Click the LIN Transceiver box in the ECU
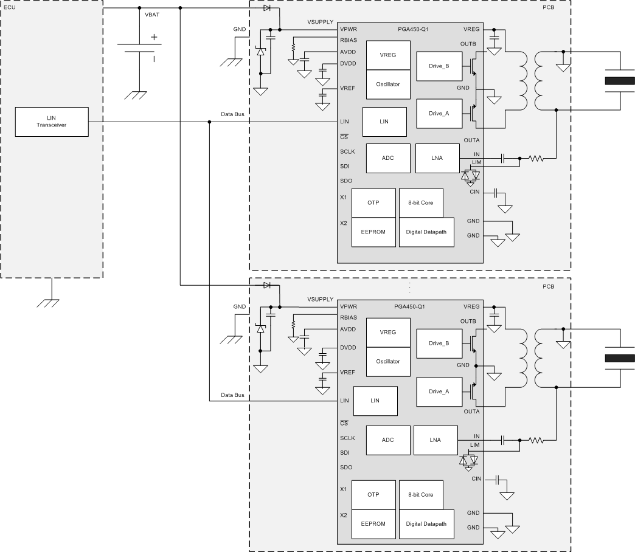tap(52, 121)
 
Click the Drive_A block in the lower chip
tap(439, 392)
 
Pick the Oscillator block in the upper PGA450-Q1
tap(387, 84)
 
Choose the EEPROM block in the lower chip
tap(373, 523)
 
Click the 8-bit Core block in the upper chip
tap(420, 202)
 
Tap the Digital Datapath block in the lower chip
tap(426, 523)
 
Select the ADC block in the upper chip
tap(387, 158)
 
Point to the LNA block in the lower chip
tap(435, 440)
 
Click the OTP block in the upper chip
tap(373, 202)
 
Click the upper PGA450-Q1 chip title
tap(409, 29)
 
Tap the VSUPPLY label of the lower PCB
tap(320, 300)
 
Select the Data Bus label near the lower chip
tap(232, 395)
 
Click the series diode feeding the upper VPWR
tap(267, 8)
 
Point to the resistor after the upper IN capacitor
tap(536, 159)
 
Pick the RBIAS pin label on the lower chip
tap(349, 317)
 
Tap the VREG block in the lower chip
tap(387, 332)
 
